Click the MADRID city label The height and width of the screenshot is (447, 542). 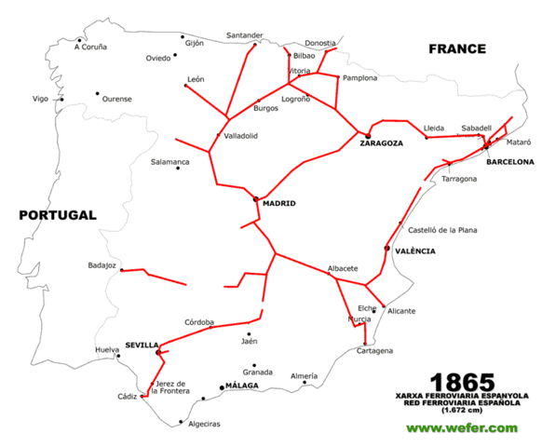(x=278, y=203)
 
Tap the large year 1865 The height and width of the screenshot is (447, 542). (x=462, y=382)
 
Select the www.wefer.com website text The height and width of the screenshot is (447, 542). (x=461, y=427)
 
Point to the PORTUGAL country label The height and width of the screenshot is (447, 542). (x=58, y=215)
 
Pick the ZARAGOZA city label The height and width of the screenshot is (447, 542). (x=382, y=143)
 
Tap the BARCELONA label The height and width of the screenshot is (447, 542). (x=510, y=161)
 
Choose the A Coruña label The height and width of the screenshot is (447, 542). (x=91, y=47)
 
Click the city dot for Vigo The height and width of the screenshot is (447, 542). (x=62, y=99)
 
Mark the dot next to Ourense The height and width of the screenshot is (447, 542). (x=97, y=93)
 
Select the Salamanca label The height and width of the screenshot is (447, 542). (x=169, y=162)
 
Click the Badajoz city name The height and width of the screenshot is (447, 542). (x=102, y=264)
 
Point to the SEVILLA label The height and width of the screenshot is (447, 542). (x=142, y=345)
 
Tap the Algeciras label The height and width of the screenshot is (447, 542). (x=204, y=425)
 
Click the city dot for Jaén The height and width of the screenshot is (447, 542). (x=249, y=333)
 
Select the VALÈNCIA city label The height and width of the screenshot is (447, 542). (x=414, y=251)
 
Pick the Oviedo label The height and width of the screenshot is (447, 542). (x=158, y=58)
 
